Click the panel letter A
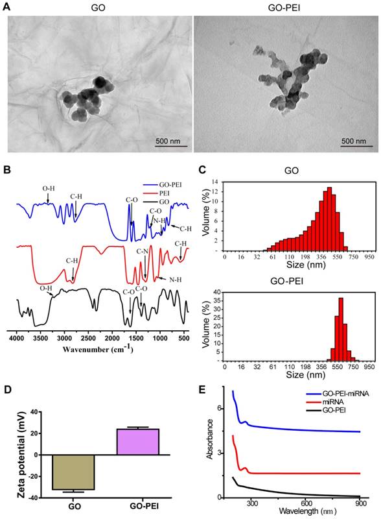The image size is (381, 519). [x=7, y=6]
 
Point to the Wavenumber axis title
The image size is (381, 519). [x=98, y=348]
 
